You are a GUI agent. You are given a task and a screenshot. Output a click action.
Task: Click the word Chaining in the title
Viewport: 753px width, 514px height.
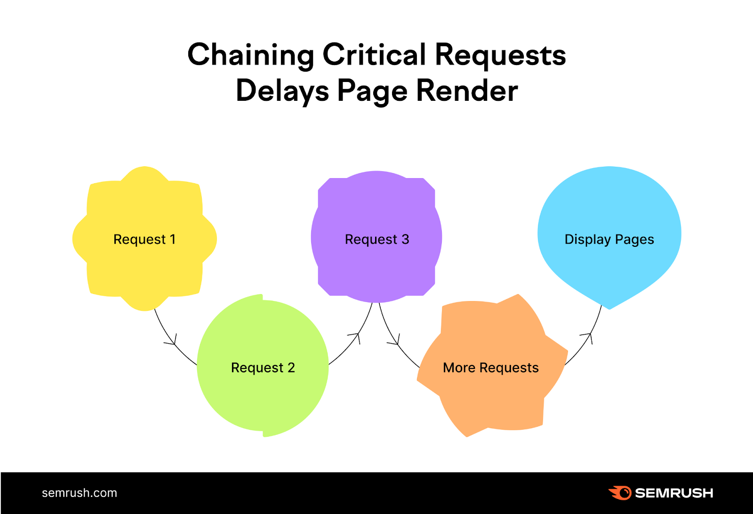(250, 56)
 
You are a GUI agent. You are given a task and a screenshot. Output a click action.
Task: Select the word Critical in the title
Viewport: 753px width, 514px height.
(374, 55)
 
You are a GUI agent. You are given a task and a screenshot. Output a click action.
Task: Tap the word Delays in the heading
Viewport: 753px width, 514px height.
(282, 91)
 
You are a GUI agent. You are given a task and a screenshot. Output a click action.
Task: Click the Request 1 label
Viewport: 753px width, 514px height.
(144, 239)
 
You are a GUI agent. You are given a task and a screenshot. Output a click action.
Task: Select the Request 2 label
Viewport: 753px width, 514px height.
(263, 367)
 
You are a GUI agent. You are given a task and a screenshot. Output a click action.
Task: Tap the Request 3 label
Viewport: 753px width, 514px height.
(377, 239)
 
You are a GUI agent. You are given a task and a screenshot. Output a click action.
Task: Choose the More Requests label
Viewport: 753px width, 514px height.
(490, 367)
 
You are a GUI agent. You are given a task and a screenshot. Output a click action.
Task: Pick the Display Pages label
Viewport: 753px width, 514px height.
(609, 239)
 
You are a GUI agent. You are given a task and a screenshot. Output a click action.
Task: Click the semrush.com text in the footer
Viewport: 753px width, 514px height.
(80, 493)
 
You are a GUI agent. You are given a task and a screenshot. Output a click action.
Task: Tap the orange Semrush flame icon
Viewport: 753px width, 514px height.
(620, 493)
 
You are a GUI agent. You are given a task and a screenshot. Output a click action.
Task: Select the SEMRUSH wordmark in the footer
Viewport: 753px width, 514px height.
(674, 493)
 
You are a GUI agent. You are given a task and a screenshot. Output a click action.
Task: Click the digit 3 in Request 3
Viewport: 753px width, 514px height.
(405, 239)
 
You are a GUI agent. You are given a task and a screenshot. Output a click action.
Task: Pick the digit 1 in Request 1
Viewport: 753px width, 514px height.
(173, 239)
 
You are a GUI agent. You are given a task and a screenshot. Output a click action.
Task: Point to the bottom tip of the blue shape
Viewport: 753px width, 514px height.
(609, 309)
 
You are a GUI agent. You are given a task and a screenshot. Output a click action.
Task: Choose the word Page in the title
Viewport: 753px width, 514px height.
(372, 91)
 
